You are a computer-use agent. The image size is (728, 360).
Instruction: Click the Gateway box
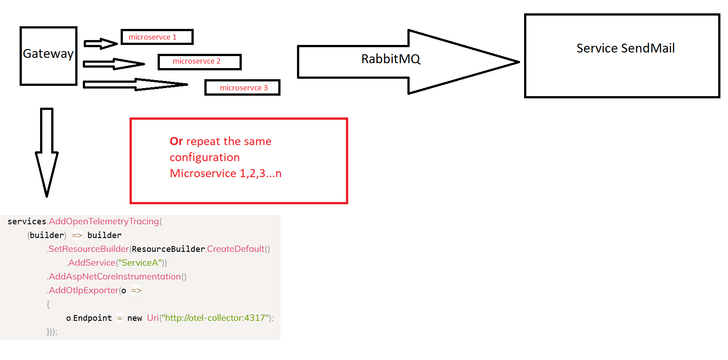click(48, 56)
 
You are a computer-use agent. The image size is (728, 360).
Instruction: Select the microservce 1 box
click(157, 37)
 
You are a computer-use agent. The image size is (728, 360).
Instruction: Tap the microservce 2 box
click(199, 61)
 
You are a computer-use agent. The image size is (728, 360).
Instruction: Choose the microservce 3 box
click(242, 88)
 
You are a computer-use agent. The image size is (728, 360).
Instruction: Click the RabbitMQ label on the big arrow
click(390, 59)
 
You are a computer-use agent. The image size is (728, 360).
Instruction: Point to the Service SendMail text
click(625, 48)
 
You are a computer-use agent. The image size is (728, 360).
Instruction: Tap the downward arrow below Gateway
click(47, 151)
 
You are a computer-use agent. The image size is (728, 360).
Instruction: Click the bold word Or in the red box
click(176, 142)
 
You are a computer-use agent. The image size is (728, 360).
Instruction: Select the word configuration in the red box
click(204, 158)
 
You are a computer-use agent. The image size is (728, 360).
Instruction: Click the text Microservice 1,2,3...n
click(225, 174)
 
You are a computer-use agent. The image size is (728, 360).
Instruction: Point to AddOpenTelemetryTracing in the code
click(104, 221)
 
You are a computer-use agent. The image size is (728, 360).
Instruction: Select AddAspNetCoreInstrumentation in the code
click(115, 277)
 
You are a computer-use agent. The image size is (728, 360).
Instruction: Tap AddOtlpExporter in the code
click(84, 291)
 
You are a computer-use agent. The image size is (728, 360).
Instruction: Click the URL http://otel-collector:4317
click(216, 318)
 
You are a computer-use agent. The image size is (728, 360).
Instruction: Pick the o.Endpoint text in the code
click(89, 318)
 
